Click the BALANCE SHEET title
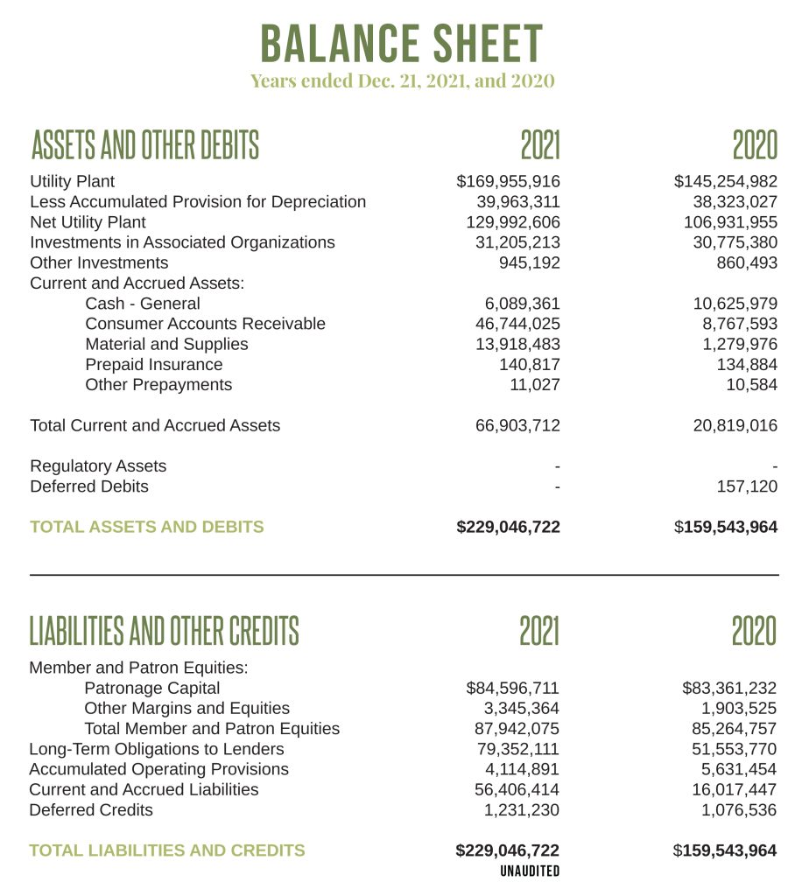pyautogui.click(x=402, y=43)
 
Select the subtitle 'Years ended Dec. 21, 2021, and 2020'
pyautogui.click(x=402, y=81)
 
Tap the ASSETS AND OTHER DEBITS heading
pyautogui.click(x=144, y=145)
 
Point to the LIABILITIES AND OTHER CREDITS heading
pyautogui.click(x=164, y=630)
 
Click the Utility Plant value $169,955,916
pyautogui.click(x=508, y=182)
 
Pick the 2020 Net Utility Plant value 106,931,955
pyautogui.click(x=730, y=222)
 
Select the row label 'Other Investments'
pyautogui.click(x=99, y=262)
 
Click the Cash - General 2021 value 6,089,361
pyautogui.click(x=522, y=304)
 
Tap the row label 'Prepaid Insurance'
pyautogui.click(x=153, y=364)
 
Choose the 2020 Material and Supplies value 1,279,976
pyautogui.click(x=739, y=344)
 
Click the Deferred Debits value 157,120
pyautogui.click(x=747, y=486)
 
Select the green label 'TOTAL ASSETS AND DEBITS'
pyautogui.click(x=146, y=527)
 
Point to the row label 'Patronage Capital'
pyautogui.click(x=151, y=688)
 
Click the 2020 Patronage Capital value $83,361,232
pyautogui.click(x=728, y=688)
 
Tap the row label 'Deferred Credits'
pyautogui.click(x=91, y=809)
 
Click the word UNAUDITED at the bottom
pyautogui.click(x=530, y=871)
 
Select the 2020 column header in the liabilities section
pyautogui.click(x=754, y=630)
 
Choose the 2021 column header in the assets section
pyautogui.click(x=539, y=145)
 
